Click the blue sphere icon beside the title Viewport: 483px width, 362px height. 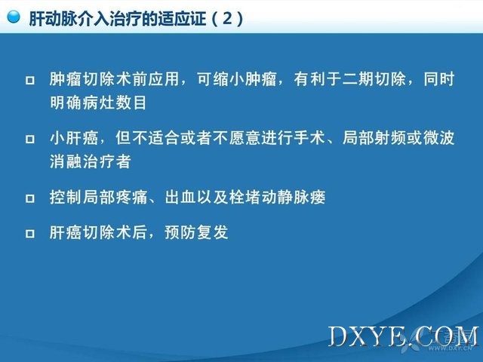point(14,17)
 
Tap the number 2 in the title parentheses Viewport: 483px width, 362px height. point(227,18)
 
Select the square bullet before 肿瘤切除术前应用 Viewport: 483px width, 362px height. point(30,81)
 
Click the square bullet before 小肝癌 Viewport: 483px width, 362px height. point(30,139)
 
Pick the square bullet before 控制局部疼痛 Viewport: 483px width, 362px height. point(30,198)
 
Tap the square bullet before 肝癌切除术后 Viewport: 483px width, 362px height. point(30,233)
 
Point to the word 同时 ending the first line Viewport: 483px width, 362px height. point(439,79)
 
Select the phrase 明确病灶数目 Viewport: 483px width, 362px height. point(98,103)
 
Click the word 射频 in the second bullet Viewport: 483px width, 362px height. point(390,137)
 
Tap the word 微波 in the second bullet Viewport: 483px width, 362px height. point(439,137)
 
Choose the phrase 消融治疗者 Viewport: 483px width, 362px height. point(91,161)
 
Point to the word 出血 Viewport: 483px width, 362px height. point(180,197)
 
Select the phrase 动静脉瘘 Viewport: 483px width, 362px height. point(293,197)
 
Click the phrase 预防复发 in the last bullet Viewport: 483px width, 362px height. point(196,232)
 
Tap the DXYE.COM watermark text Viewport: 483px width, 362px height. point(404,336)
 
